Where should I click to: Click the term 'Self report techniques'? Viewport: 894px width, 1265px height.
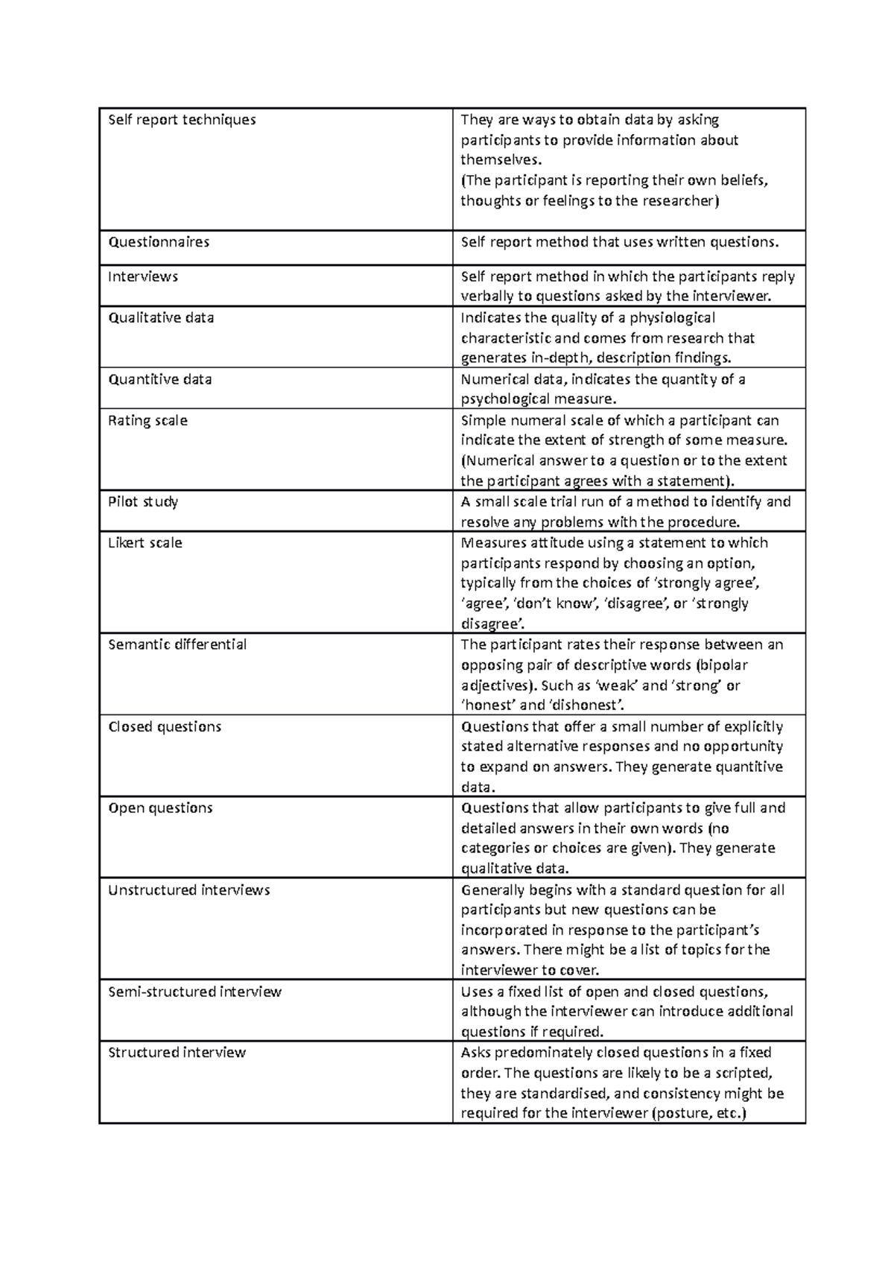[182, 120]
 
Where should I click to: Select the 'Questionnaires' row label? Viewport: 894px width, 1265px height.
[159, 242]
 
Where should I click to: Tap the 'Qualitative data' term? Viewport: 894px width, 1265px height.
[161, 318]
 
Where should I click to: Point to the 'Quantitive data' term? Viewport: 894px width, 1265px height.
[160, 380]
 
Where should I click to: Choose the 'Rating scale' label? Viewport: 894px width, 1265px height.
[148, 421]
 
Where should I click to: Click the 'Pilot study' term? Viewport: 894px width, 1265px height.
[143, 502]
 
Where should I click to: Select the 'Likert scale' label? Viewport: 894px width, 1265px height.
[145, 543]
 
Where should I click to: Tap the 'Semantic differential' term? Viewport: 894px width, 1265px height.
[177, 645]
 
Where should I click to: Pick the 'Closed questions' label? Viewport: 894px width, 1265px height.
[165, 727]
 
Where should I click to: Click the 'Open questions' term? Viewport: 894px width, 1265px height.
[160, 808]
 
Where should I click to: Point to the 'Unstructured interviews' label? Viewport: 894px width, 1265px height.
[188, 890]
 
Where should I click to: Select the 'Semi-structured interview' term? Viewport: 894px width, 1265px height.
[194, 992]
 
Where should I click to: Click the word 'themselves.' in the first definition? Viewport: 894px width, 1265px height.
[497, 160]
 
